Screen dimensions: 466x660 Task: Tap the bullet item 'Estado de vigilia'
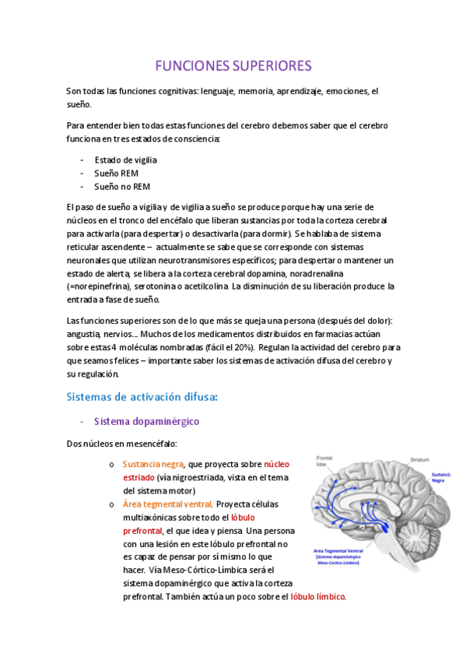(125, 160)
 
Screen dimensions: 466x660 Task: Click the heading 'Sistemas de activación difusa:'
(142, 397)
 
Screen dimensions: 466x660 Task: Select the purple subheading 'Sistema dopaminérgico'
(146, 421)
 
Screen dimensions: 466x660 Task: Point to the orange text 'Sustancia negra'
(152, 464)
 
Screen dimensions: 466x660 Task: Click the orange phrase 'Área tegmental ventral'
(167, 504)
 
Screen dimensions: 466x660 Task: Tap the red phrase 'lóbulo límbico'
(317, 597)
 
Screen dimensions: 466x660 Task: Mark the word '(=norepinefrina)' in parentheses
(98, 286)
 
